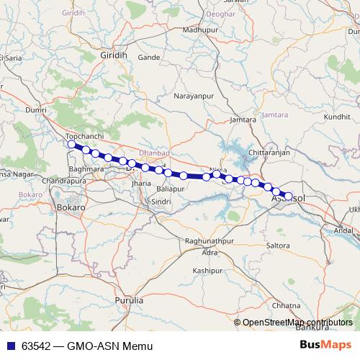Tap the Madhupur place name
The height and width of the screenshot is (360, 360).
click(199, 30)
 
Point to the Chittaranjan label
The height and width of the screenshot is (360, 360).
click(269, 153)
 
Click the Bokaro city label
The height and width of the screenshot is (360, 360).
click(71, 207)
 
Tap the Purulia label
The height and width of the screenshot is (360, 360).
click(130, 299)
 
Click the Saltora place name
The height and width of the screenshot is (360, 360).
click(278, 246)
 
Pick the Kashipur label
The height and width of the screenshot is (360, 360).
click(207, 270)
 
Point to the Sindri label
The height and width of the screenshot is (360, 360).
click(161, 202)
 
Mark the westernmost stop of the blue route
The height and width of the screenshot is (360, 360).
click(71, 145)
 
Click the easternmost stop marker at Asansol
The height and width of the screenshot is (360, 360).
click(289, 196)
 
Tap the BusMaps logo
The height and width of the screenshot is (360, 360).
click(325, 345)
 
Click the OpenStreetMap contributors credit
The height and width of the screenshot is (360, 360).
click(297, 323)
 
